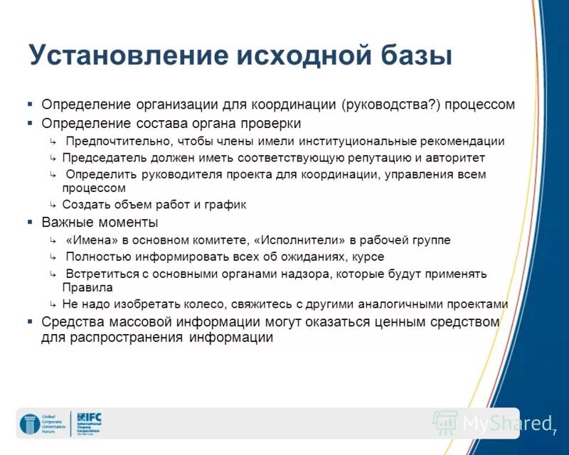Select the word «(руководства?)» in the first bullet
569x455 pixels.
click(x=391, y=105)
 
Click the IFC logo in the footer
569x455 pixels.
click(x=90, y=423)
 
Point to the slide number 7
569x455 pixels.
click(x=553, y=432)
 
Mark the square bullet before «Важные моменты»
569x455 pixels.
click(x=30, y=222)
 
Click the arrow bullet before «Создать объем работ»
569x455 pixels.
click(x=53, y=205)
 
